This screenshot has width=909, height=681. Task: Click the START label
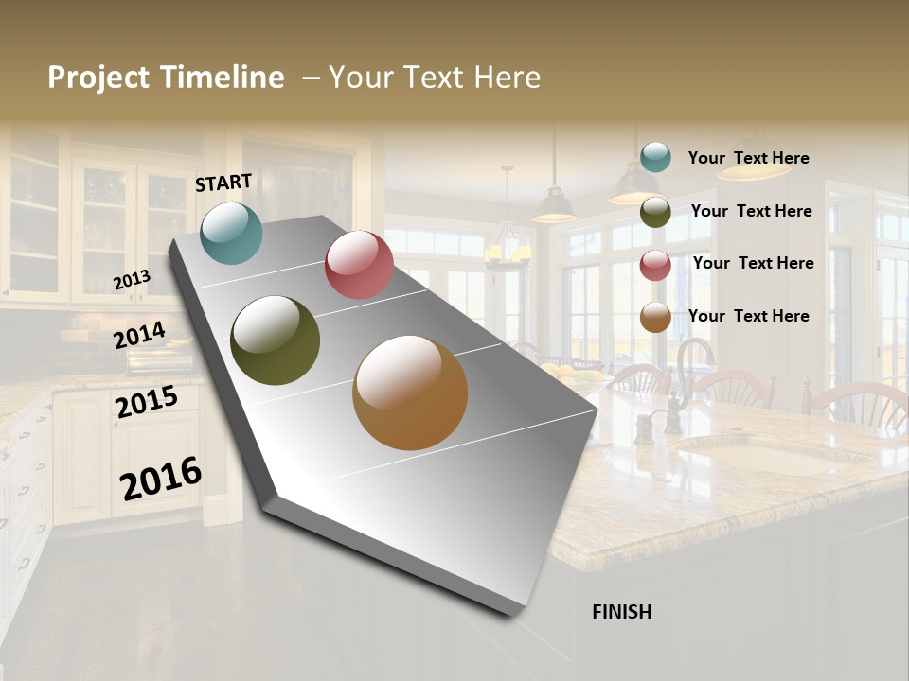click(x=223, y=183)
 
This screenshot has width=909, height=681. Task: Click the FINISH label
click(x=621, y=612)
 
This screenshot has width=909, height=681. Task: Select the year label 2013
click(x=132, y=280)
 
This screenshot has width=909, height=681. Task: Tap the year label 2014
click(x=140, y=336)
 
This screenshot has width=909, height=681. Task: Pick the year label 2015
click(x=147, y=403)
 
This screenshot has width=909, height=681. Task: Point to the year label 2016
click(x=161, y=480)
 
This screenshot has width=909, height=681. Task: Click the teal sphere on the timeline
click(x=232, y=233)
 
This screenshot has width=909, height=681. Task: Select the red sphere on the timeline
click(x=359, y=265)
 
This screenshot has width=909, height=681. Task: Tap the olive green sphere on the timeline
click(x=276, y=340)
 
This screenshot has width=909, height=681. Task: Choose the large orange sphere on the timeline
click(x=410, y=393)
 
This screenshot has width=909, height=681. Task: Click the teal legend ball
click(x=655, y=157)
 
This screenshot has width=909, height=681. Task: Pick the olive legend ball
click(x=655, y=212)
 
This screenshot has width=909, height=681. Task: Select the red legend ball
click(x=655, y=265)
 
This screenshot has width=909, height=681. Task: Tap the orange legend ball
click(x=655, y=318)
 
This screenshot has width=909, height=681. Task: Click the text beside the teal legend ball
click(x=748, y=158)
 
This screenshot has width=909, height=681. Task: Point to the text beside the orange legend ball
click(x=748, y=316)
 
